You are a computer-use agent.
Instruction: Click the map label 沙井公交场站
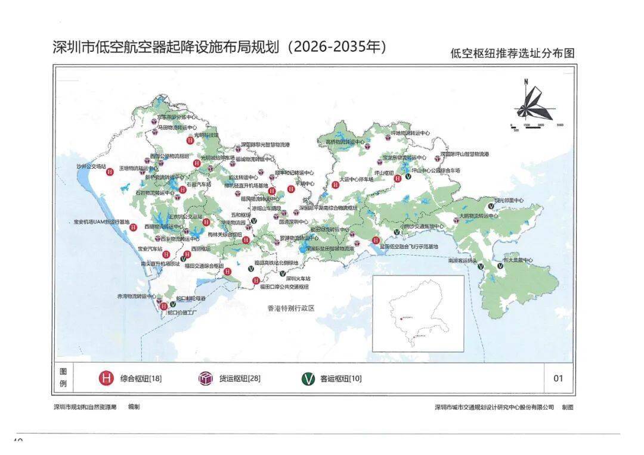coord(91,166)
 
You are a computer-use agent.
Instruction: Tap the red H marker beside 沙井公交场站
coord(110,173)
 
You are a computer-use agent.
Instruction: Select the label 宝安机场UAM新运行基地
coord(101,222)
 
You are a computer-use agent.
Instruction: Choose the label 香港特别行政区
coord(290,308)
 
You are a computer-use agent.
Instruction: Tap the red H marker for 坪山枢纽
coord(397,178)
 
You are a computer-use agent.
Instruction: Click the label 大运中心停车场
coord(356,179)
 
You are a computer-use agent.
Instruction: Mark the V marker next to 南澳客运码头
coord(481,267)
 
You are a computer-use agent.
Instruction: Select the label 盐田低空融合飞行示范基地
coord(410,246)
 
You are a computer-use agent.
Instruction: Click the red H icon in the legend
coord(106,378)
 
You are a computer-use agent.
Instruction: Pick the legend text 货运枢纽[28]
coord(240,378)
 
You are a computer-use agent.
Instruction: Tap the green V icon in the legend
coord(308,378)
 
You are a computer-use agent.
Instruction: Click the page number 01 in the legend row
coord(558,378)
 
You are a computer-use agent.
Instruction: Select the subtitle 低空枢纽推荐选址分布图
coord(512,53)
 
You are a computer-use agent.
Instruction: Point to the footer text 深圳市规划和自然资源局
coord(85,407)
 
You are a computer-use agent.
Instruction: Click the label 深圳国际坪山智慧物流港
coord(465,154)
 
